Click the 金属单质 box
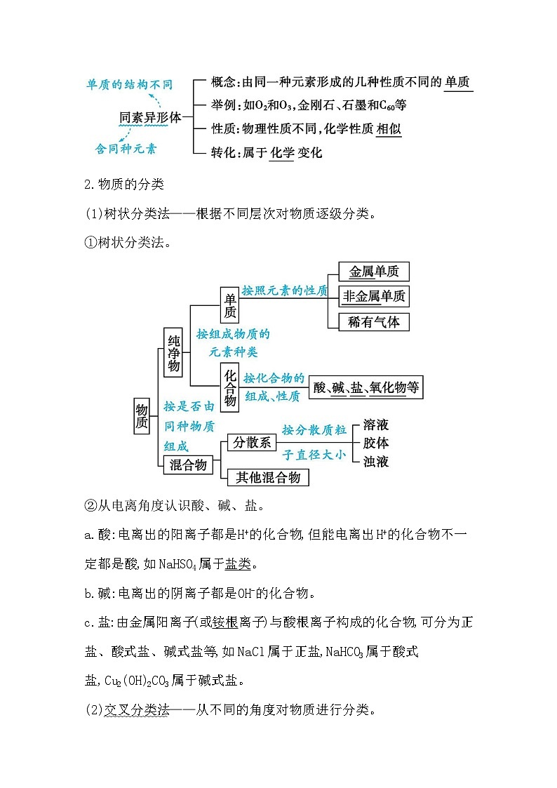click(x=373, y=272)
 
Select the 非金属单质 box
click(x=373, y=297)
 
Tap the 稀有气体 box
click(x=373, y=322)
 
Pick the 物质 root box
click(x=142, y=415)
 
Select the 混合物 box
click(x=188, y=465)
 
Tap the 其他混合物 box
click(x=268, y=477)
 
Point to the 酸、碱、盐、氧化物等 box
click(x=365, y=387)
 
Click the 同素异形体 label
click(x=149, y=117)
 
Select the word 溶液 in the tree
click(x=375, y=425)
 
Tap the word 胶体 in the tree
click(x=375, y=443)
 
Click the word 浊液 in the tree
click(x=375, y=462)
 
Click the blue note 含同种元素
click(x=126, y=149)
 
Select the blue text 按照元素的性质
click(x=284, y=291)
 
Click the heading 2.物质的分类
click(x=123, y=185)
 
